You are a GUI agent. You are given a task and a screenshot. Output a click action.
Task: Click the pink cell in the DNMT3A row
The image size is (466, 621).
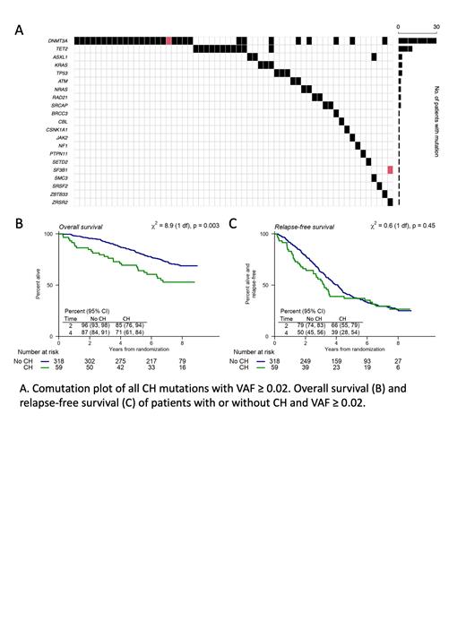pos(168,41)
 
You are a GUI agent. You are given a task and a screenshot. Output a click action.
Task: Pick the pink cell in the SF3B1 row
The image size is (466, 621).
pos(390,169)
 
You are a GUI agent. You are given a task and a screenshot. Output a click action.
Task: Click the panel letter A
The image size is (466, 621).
pos(19,30)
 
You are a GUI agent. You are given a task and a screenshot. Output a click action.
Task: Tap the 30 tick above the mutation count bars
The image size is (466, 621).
pos(436,27)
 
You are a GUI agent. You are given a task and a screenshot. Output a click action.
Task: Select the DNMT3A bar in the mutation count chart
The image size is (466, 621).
pos(418,41)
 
